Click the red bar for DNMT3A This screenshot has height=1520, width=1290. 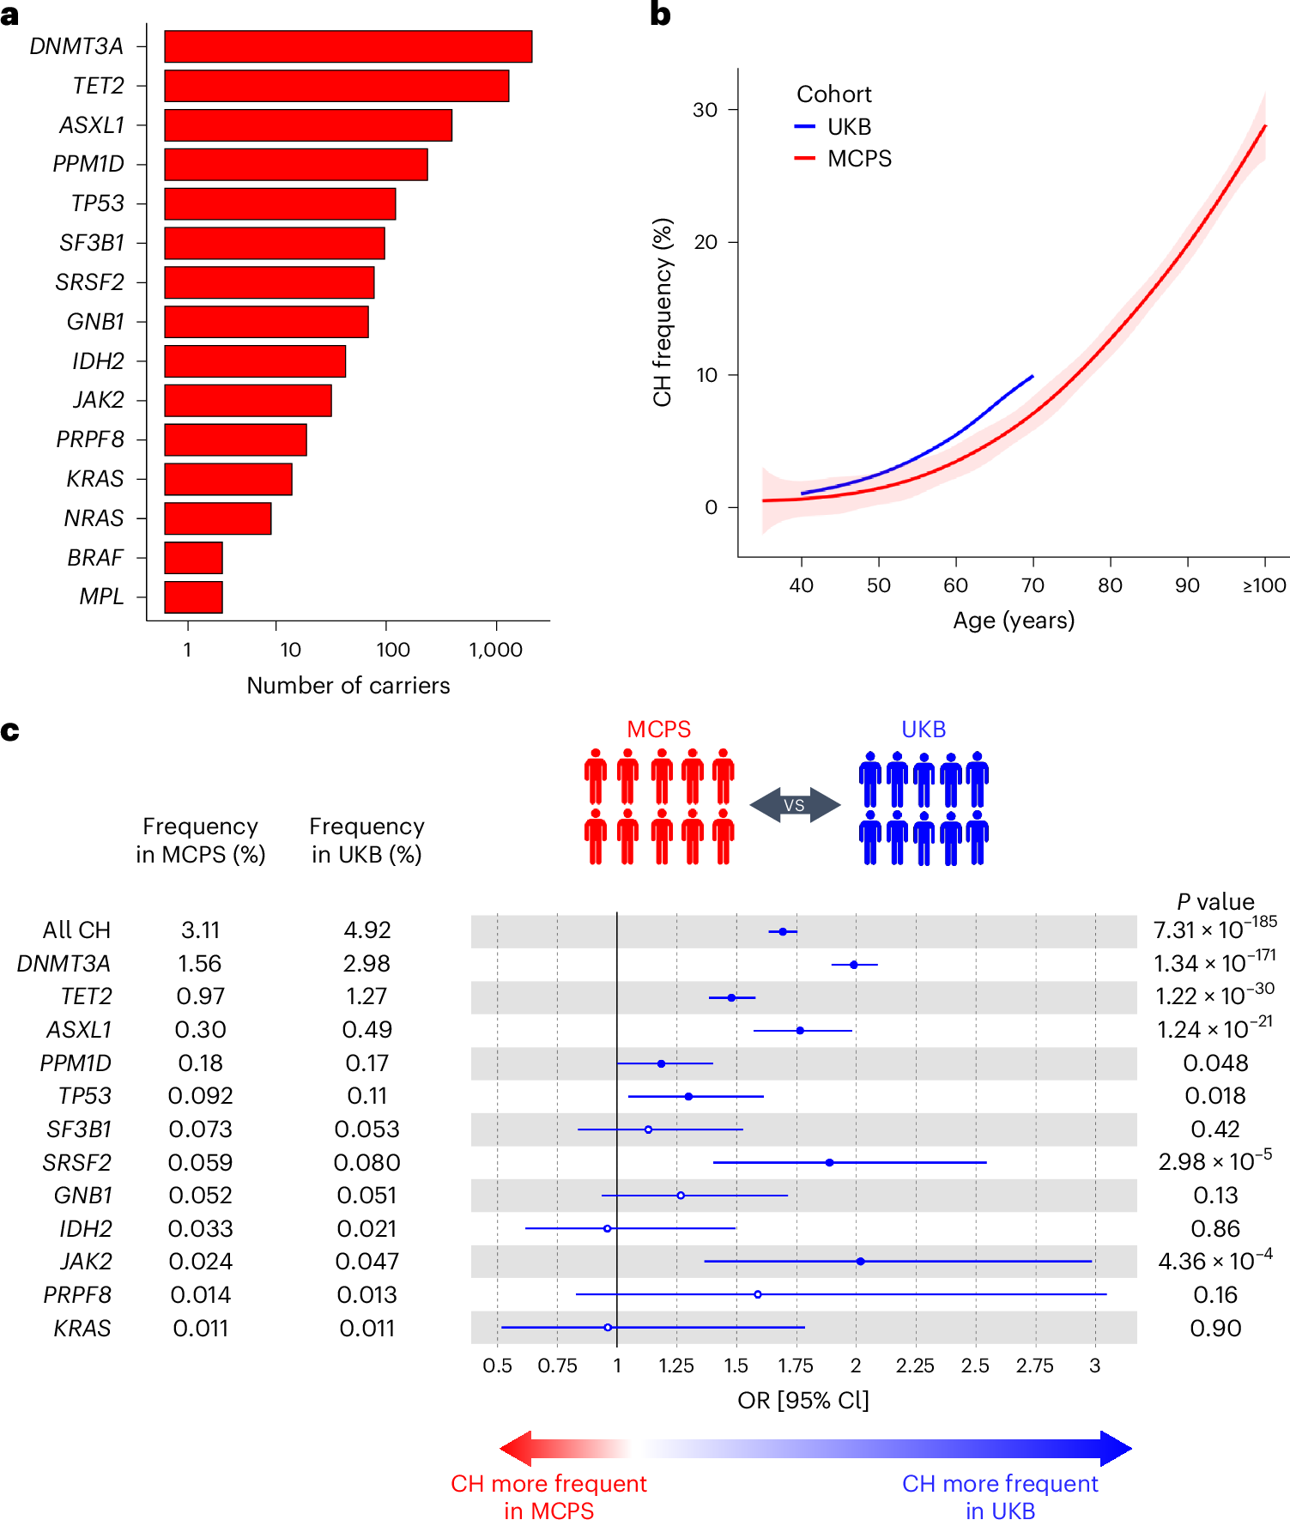(x=348, y=46)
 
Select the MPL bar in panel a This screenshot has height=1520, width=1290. (x=193, y=596)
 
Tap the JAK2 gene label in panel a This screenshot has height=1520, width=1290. (x=98, y=400)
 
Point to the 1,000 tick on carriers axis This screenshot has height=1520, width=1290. (x=495, y=650)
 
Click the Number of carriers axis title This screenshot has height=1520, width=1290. (x=348, y=686)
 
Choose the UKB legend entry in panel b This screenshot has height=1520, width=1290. (x=848, y=127)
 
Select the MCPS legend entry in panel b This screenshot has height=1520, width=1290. (x=858, y=159)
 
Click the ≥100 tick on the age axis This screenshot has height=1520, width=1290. (x=1264, y=585)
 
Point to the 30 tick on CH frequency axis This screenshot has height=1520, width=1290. (x=705, y=110)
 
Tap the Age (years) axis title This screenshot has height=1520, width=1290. (x=1014, y=621)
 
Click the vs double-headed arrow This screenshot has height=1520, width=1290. (x=794, y=805)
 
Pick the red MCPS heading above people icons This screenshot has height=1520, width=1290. (x=658, y=729)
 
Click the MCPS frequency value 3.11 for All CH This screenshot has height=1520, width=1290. (x=200, y=930)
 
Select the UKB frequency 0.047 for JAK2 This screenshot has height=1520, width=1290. (x=366, y=1262)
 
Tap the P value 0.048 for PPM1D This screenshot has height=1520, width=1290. (x=1214, y=1063)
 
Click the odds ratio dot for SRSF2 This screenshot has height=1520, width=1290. (x=829, y=1162)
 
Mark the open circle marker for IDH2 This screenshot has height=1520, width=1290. (x=608, y=1228)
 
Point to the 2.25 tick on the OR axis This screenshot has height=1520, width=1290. (x=915, y=1366)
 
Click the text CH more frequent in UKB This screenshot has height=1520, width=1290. (x=1000, y=1497)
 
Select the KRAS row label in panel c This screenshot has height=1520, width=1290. (x=82, y=1329)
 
